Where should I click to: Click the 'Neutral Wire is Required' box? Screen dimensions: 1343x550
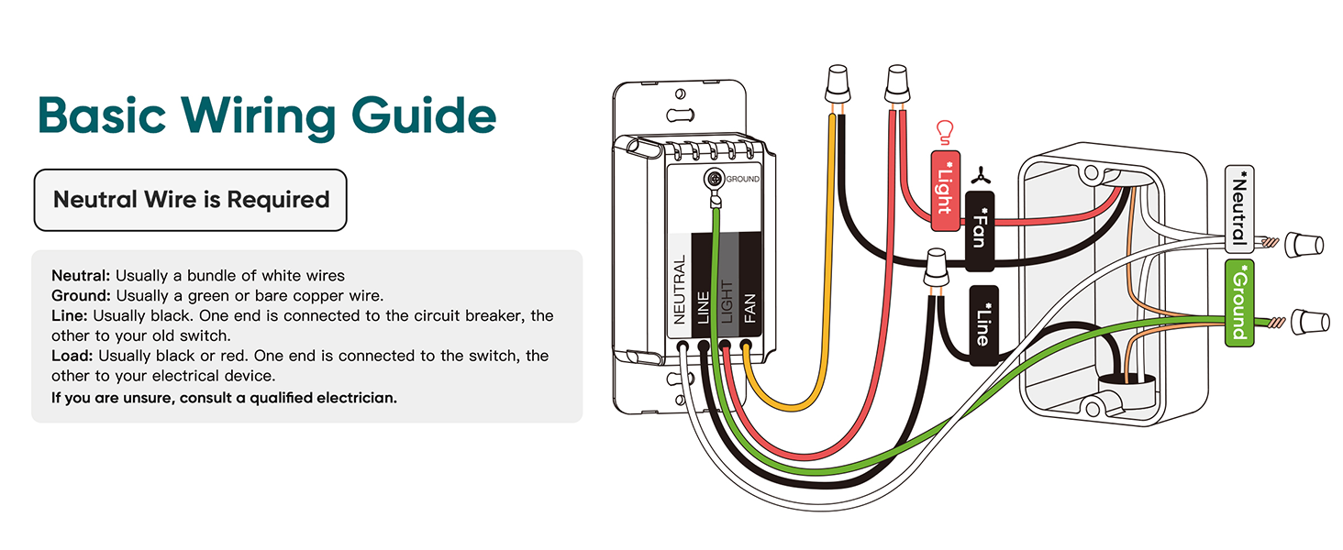coord(191,200)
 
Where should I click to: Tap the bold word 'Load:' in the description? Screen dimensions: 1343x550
coord(72,356)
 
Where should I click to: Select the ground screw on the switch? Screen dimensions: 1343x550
coord(715,179)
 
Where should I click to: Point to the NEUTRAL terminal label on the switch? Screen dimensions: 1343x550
coord(679,290)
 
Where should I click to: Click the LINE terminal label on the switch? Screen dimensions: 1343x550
coord(703,307)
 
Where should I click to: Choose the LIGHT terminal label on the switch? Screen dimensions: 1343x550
coord(727,302)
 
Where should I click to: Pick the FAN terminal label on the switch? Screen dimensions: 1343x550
coord(749,308)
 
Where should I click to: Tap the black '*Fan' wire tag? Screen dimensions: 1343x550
coord(980,231)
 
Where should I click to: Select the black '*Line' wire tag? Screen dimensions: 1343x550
coord(984,325)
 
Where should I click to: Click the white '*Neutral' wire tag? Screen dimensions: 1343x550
coord(1239,209)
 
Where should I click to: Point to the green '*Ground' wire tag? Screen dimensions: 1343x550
coord(1239,303)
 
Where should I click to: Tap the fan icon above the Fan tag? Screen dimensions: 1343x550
coord(981,176)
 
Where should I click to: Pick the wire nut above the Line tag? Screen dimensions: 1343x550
coord(936,268)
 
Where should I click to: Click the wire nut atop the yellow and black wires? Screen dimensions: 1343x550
coord(838,84)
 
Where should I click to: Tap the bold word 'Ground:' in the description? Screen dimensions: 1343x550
coord(81,296)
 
